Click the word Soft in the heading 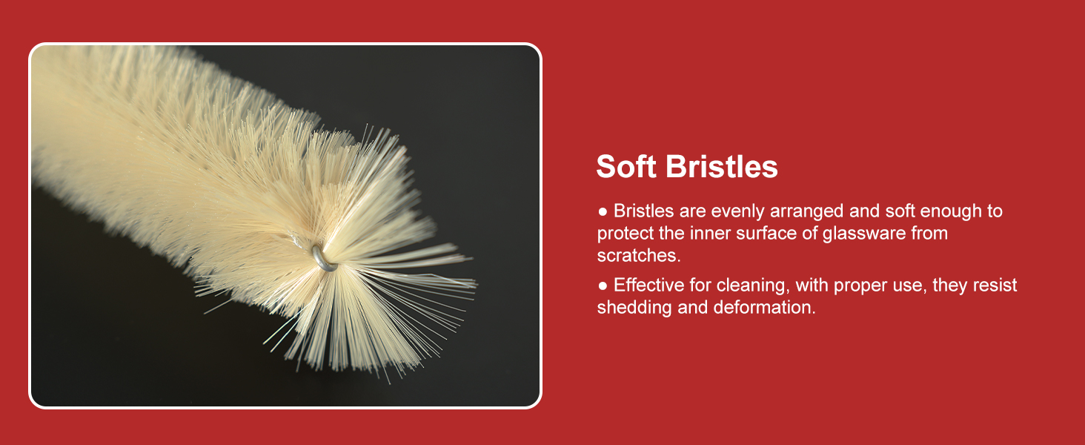[626, 166]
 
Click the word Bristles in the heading [722, 166]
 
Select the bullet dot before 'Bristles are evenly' [603, 211]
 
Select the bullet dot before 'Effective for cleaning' [603, 286]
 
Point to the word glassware [864, 234]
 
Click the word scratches [639, 255]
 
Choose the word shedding [634, 307]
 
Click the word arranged [807, 211]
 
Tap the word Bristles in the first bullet [644, 211]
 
